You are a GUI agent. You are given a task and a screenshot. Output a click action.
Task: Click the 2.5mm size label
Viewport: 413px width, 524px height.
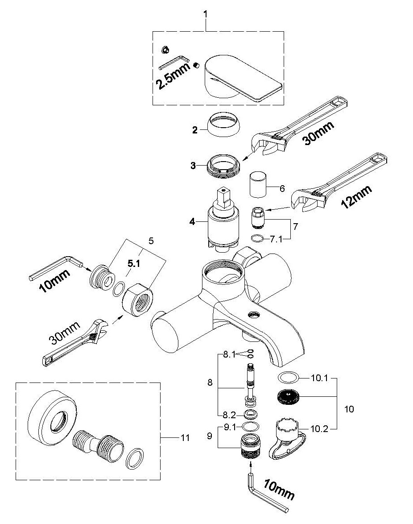point(173,75)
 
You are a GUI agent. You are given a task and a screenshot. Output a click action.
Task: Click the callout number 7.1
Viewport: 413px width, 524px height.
point(276,239)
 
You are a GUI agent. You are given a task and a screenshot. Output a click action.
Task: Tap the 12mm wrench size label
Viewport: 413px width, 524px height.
point(356,197)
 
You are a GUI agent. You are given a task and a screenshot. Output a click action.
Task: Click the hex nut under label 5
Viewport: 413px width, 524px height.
point(137,296)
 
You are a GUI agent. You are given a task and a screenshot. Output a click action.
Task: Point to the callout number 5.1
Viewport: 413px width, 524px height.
point(134,264)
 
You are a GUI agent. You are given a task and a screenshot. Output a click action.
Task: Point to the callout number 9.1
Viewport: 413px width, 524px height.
point(230,427)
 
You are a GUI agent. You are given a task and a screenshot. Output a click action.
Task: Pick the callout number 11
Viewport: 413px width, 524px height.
point(185,437)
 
